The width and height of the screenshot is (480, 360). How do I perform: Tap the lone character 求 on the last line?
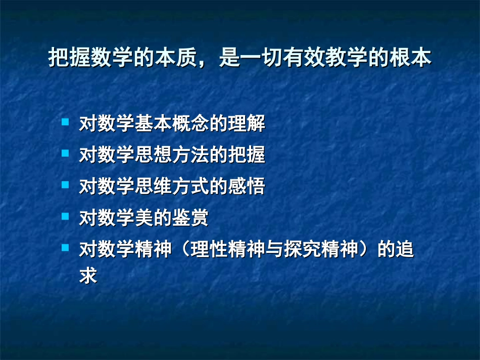tap(88, 276)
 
